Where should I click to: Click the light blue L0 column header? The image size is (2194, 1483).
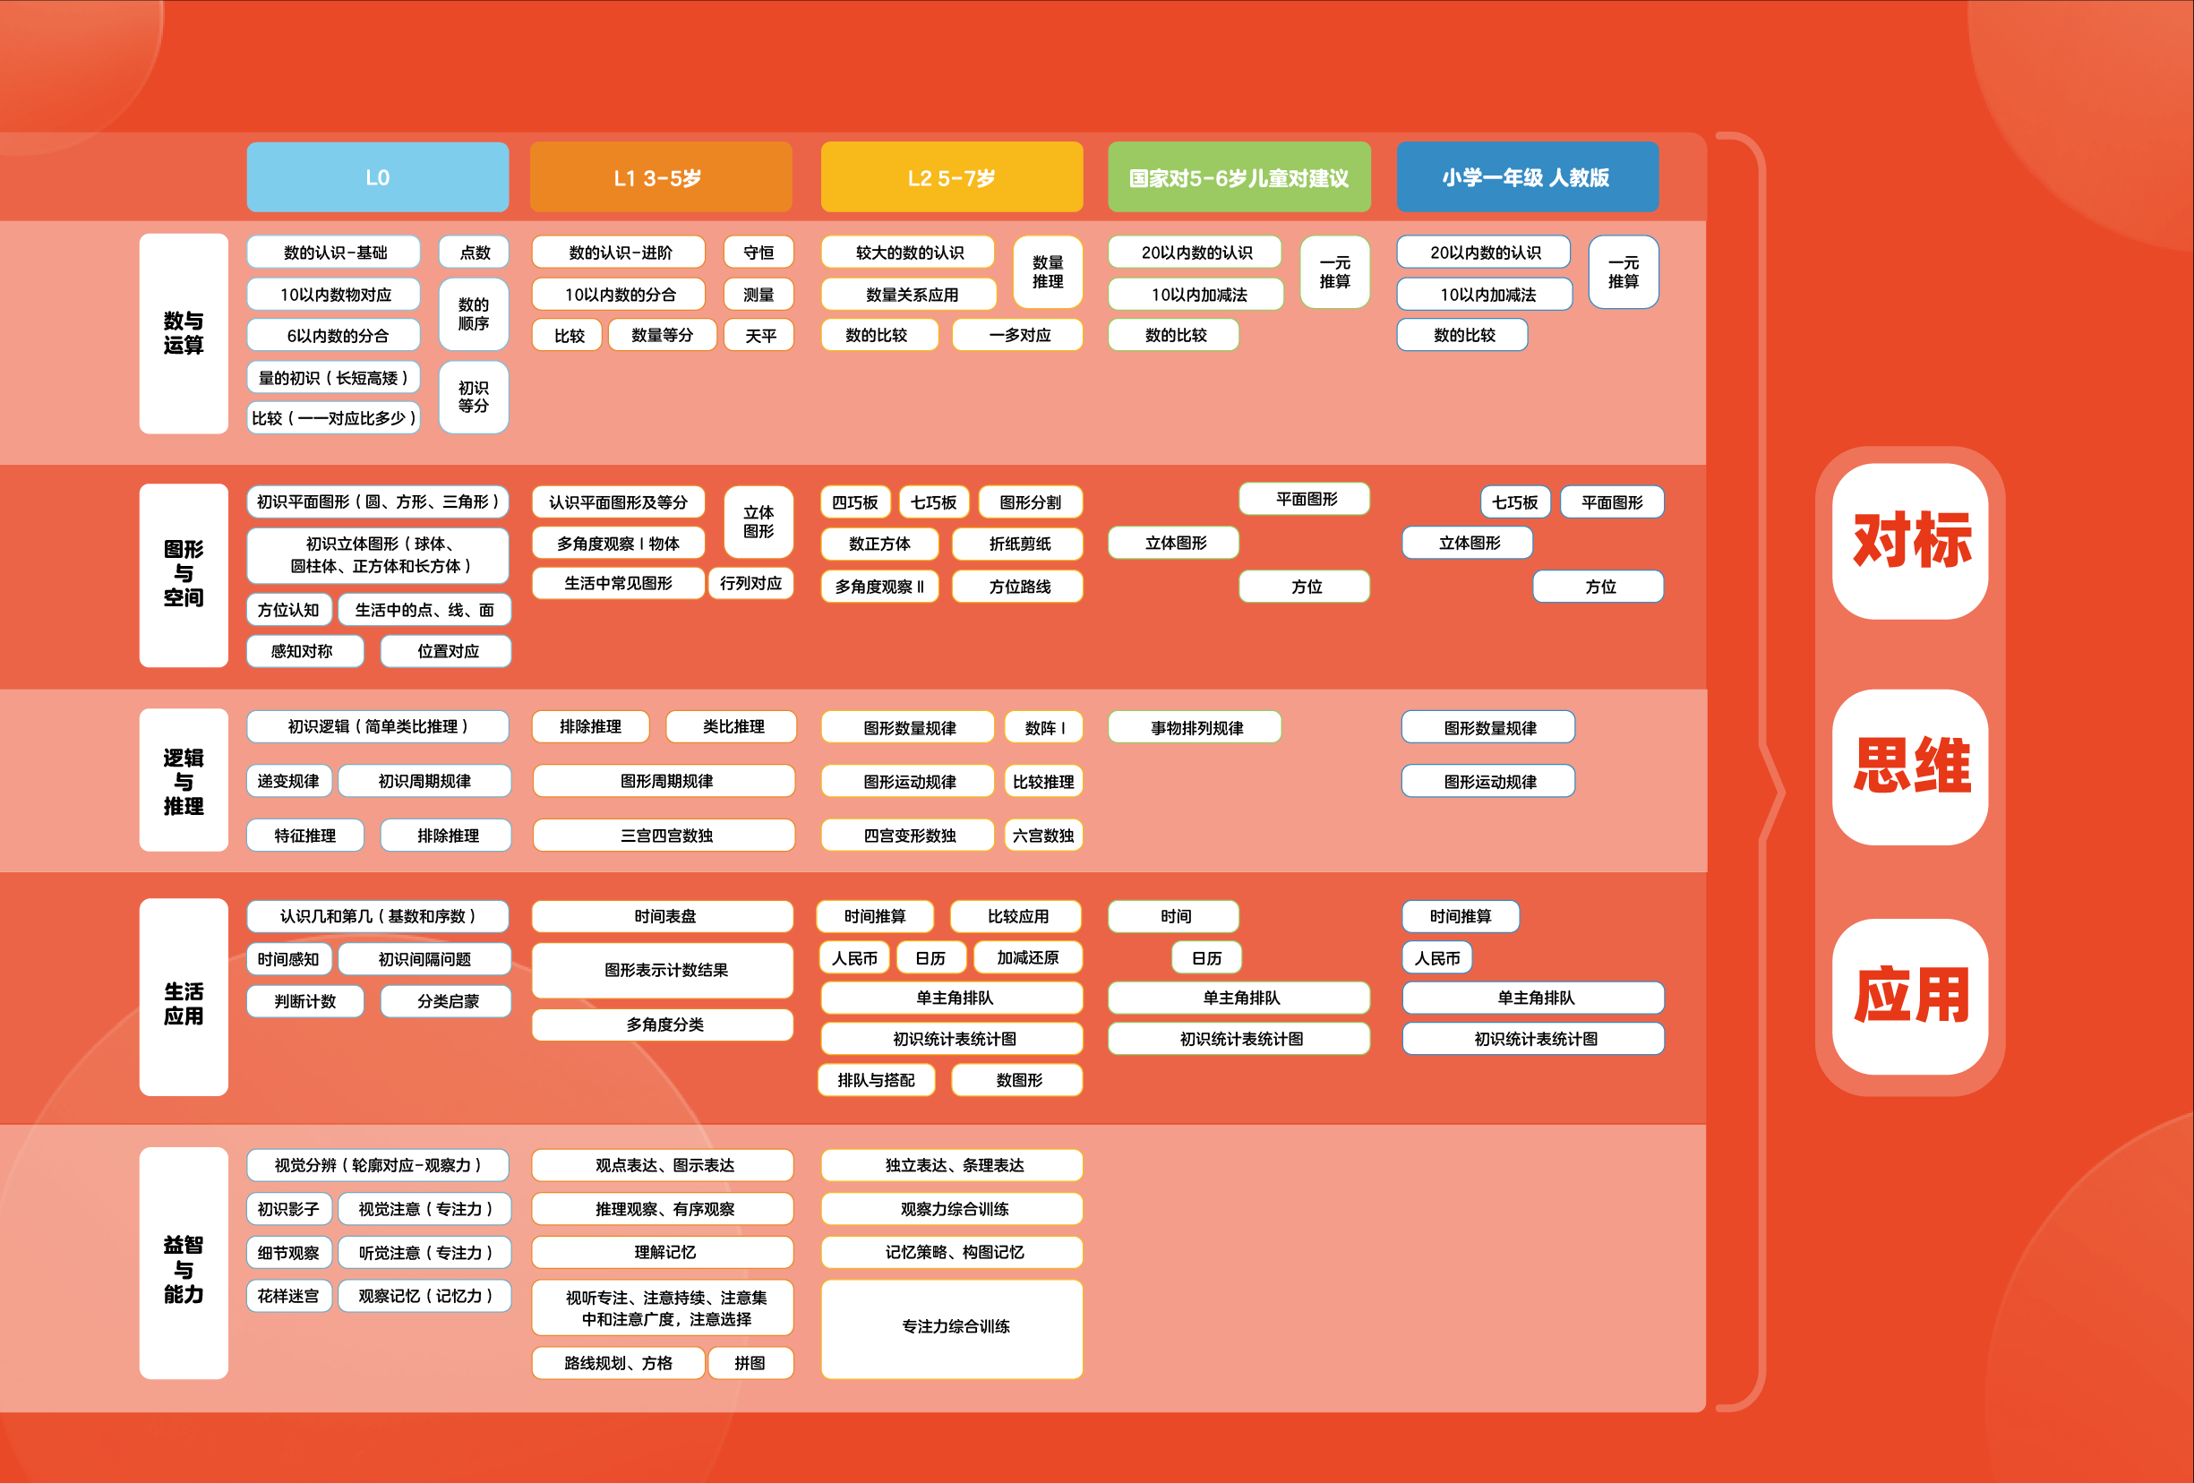click(x=378, y=177)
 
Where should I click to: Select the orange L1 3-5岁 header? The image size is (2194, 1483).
click(x=660, y=177)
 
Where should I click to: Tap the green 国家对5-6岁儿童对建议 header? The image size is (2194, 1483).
click(x=1238, y=177)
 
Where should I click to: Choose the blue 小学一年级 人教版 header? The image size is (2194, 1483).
click(x=1527, y=177)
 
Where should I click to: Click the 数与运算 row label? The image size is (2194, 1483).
click(x=184, y=333)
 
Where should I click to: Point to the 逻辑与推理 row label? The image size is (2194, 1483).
click(x=184, y=781)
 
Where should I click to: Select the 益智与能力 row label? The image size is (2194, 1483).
click(x=184, y=1268)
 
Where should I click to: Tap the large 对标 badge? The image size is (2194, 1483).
click(x=1911, y=541)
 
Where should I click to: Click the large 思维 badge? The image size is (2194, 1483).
click(x=1911, y=766)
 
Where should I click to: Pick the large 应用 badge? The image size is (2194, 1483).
click(x=1911, y=995)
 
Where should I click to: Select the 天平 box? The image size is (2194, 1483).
click(x=759, y=335)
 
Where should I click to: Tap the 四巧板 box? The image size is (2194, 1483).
click(x=854, y=502)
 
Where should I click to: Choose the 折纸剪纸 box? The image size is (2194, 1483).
click(x=1019, y=544)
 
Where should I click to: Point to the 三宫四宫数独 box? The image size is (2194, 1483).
click(x=664, y=836)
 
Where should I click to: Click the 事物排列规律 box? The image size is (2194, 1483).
click(x=1196, y=728)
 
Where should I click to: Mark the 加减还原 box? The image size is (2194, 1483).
click(x=1027, y=957)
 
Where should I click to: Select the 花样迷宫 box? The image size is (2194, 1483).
click(x=289, y=1296)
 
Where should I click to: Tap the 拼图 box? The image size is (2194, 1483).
click(x=750, y=1363)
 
